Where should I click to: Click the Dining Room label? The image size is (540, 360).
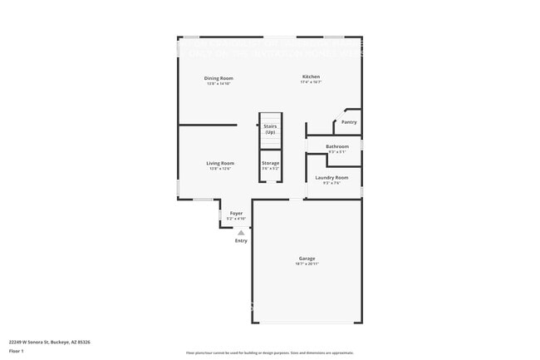tap(218, 78)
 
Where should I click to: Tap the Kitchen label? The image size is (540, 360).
tap(311, 76)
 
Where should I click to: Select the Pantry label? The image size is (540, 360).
tap(349, 122)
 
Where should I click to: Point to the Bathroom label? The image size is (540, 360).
tap(337, 146)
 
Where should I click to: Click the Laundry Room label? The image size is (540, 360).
tap(331, 177)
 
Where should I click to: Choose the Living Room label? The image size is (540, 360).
tap(220, 163)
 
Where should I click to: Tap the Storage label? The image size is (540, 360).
tap(271, 163)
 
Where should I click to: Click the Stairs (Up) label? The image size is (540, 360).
tap(270, 130)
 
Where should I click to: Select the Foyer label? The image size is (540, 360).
tap(236, 214)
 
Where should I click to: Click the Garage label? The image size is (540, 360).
tap(307, 258)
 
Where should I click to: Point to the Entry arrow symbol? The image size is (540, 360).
tap(241, 233)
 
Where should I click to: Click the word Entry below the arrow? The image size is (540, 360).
tap(241, 241)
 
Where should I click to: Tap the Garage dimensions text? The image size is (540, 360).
tap(307, 264)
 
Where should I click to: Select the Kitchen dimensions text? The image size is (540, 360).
tap(311, 82)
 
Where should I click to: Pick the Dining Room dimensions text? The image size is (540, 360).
tap(218, 83)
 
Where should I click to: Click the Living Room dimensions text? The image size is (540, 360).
tap(220, 169)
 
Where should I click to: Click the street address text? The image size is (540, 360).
tap(49, 342)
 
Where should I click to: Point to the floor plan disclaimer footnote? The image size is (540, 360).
tap(270, 353)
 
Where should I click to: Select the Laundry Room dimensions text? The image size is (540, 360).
tap(331, 183)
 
